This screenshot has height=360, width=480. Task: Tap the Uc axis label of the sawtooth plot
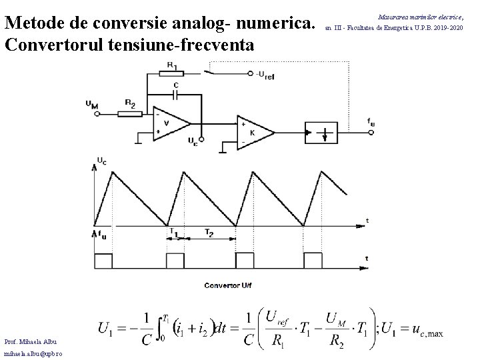(x=101, y=161)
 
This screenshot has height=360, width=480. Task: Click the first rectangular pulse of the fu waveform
(x=104, y=259)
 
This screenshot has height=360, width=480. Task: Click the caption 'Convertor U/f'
(x=229, y=286)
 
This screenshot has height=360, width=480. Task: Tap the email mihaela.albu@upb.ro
(x=31, y=353)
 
